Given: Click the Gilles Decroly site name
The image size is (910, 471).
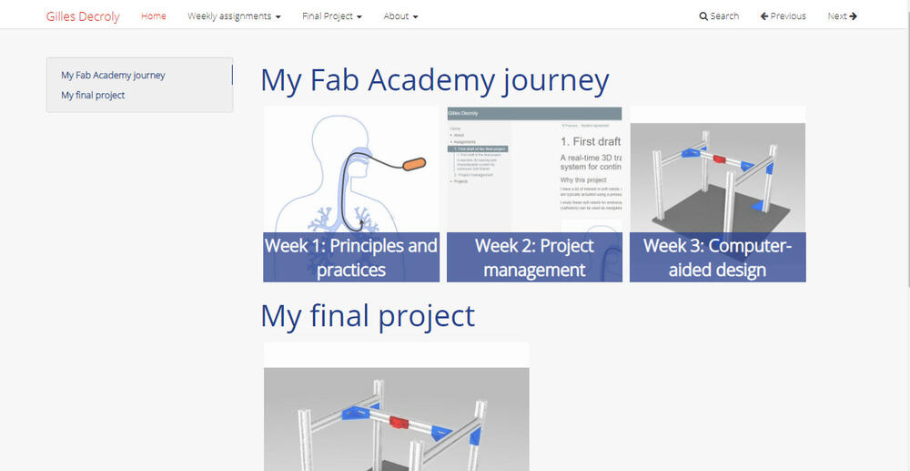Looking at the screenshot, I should (x=83, y=16).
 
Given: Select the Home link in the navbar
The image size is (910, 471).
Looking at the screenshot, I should (x=154, y=16).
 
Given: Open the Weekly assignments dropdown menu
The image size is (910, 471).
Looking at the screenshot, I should (x=234, y=16).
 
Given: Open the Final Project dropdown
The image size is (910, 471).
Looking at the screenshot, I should (x=331, y=16).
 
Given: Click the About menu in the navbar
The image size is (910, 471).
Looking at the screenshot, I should (x=400, y=16).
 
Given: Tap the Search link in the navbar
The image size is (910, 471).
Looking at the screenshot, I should (x=724, y=16).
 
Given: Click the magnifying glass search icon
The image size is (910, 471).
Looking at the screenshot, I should (x=703, y=16).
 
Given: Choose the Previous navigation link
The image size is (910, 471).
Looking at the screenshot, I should (x=784, y=16).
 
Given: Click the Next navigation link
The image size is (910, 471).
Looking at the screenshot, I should (x=842, y=16).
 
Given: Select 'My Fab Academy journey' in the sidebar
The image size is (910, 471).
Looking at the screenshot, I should (x=113, y=76).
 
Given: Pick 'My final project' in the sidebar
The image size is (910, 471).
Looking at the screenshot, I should (x=93, y=95).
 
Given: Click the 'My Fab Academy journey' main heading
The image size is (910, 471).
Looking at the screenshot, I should (x=434, y=80).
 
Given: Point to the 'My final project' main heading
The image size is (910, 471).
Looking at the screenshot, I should (x=368, y=315).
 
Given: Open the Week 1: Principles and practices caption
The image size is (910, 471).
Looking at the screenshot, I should (x=351, y=257).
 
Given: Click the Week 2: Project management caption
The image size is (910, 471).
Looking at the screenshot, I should (x=534, y=257).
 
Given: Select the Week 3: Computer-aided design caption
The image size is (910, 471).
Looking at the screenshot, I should (x=718, y=257).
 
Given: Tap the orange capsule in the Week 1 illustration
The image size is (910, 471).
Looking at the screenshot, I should (x=413, y=165).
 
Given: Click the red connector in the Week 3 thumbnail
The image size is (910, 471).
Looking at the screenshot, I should (x=719, y=159).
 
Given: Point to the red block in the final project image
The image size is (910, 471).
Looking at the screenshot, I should (x=398, y=422).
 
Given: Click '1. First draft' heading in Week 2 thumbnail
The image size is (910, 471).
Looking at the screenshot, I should (x=590, y=141).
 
